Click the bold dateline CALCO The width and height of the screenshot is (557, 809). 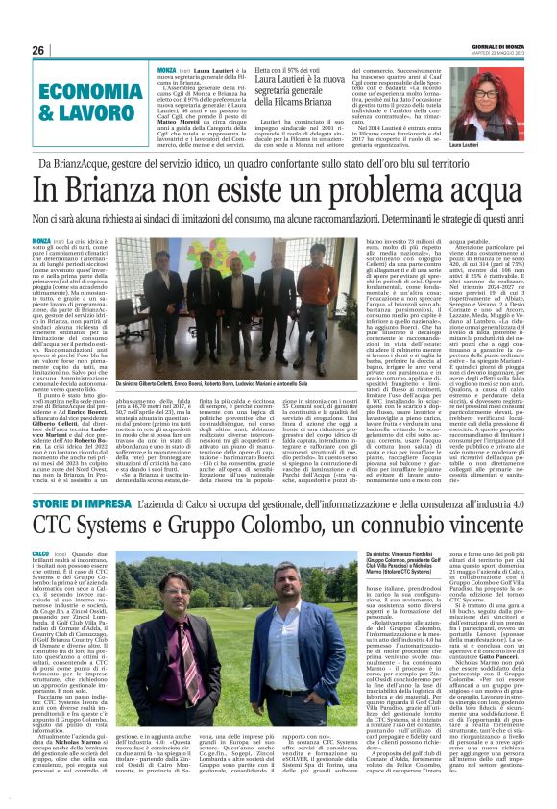[40, 554]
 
